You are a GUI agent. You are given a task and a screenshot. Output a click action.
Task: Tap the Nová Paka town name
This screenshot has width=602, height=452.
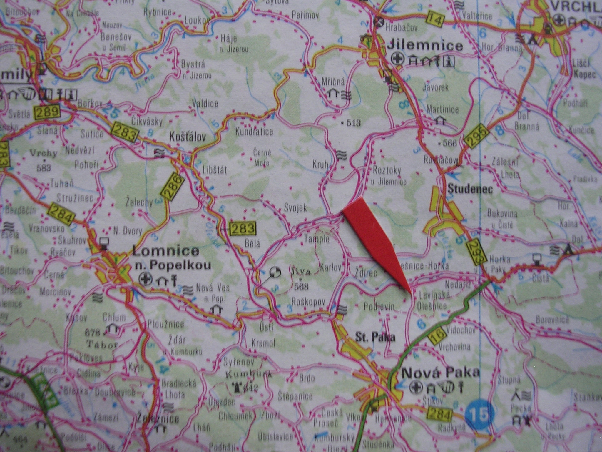pos(440,372)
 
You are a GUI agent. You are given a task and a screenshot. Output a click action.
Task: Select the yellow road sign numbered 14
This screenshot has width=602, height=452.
pos(434,19)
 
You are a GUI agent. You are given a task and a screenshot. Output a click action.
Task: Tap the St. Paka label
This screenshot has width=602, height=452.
pos(375,337)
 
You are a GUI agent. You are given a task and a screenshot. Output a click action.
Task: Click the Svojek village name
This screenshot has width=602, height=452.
pos(295,208)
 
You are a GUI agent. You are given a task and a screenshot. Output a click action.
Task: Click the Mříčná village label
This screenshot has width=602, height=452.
pos(333,82)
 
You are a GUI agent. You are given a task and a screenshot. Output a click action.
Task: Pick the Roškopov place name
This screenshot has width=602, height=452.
pos(308,302)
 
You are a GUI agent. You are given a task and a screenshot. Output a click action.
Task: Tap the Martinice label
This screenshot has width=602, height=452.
pos(443,110)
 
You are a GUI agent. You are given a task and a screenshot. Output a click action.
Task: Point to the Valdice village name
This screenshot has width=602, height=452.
pos(205,103)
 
